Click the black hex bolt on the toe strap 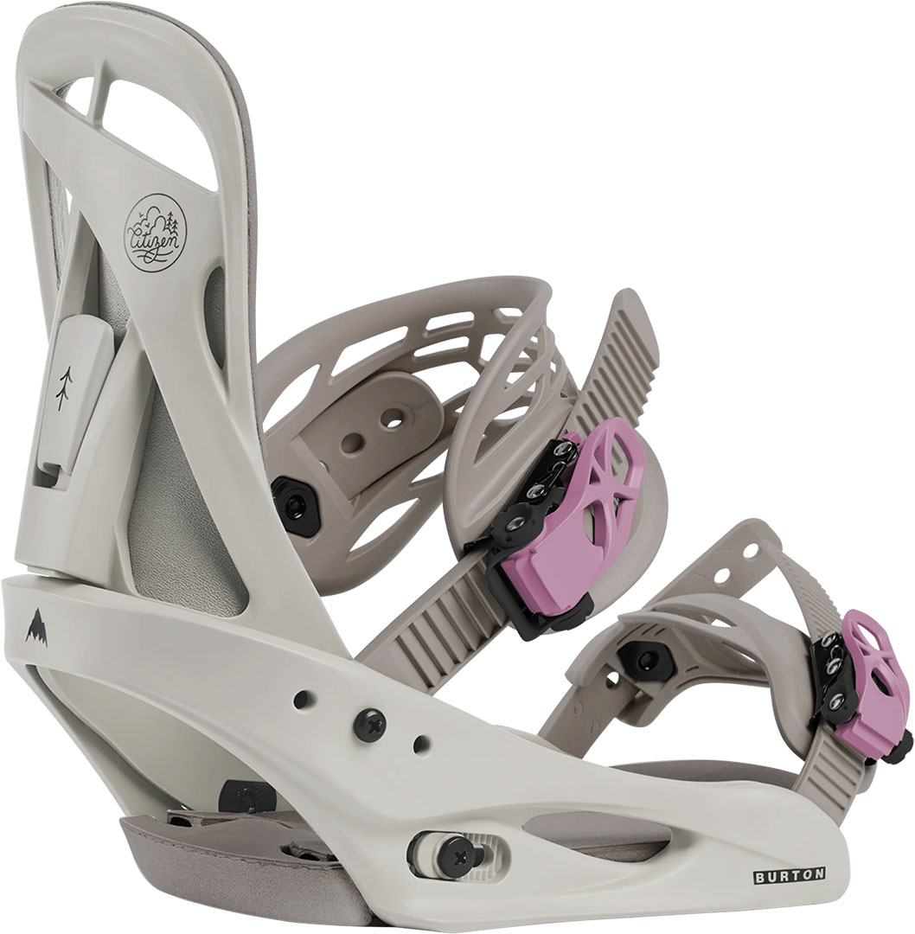[x=642, y=658]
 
